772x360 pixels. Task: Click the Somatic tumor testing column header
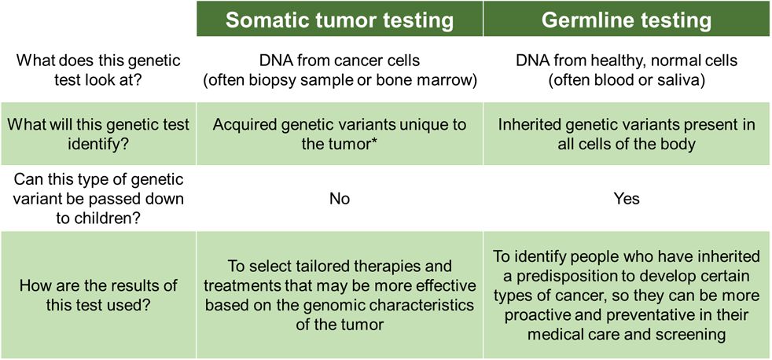(x=340, y=20)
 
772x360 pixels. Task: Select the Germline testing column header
(x=627, y=20)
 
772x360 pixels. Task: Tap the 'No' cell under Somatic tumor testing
(x=340, y=198)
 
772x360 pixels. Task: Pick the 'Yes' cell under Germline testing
(x=627, y=198)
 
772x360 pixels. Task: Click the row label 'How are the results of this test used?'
(x=98, y=296)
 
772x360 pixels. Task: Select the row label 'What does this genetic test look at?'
(x=98, y=71)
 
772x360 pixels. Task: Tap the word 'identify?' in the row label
(x=98, y=143)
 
